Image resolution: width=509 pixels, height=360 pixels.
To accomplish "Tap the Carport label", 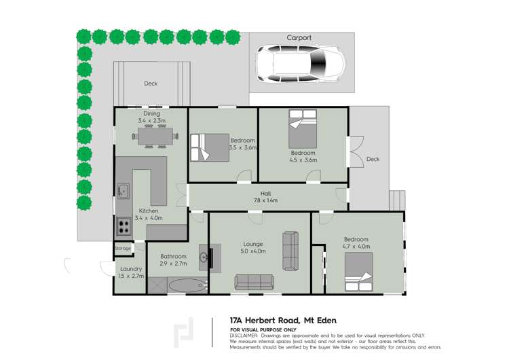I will [x=299, y=38].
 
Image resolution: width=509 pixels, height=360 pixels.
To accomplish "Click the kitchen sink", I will [x=122, y=191].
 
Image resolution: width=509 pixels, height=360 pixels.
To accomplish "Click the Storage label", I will [x=123, y=249].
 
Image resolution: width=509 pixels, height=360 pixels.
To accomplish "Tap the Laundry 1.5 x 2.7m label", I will [x=130, y=272].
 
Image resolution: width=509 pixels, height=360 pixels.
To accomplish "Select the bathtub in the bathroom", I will [x=185, y=285].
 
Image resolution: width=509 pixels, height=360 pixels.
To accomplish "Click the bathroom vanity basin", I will [x=204, y=257].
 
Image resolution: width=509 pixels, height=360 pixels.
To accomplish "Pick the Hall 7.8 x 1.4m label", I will [x=265, y=197].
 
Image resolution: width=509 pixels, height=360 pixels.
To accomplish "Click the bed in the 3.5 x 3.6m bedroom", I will [x=210, y=147].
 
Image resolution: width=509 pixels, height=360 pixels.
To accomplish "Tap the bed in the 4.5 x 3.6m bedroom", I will [x=303, y=128].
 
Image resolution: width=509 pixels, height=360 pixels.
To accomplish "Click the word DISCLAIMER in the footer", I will [x=244, y=336].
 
